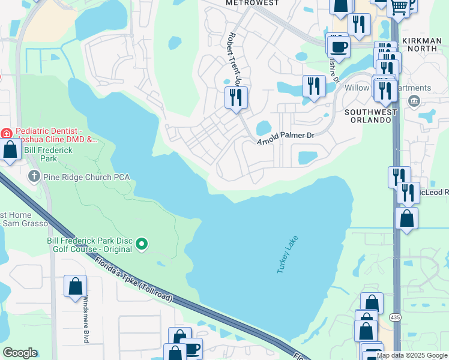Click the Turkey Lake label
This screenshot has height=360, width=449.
(288, 255)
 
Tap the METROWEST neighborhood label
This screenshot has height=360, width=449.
(252, 3)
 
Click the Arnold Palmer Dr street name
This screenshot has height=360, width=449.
(286, 137)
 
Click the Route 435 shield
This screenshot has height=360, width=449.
(394, 316)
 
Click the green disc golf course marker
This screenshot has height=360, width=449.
(142, 243)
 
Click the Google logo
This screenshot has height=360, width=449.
(20, 352)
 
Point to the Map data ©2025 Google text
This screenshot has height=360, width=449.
(412, 355)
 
